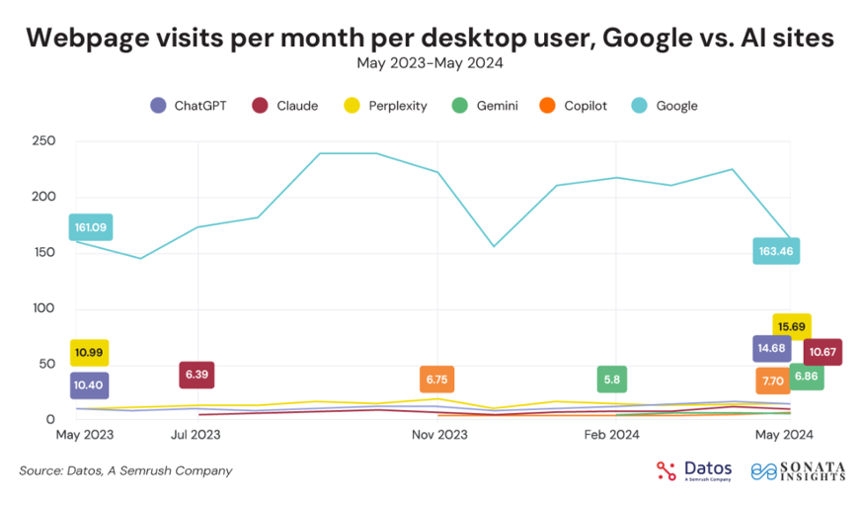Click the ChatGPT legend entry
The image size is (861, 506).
pos(188,106)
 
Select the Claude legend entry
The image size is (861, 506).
pos(285,106)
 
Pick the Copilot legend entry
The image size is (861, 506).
pos(577,106)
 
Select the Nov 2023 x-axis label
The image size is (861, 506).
pos(439,434)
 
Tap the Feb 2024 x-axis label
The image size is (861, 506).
pos(612,434)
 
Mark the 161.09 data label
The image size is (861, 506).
pos(90,228)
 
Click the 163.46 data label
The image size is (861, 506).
pos(776,251)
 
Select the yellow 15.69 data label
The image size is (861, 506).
pos(792,327)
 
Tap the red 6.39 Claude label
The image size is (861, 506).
pos(196,376)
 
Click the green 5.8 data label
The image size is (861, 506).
pos(612,379)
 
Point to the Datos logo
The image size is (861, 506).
pos(694,470)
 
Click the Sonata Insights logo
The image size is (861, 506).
pos(797,470)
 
